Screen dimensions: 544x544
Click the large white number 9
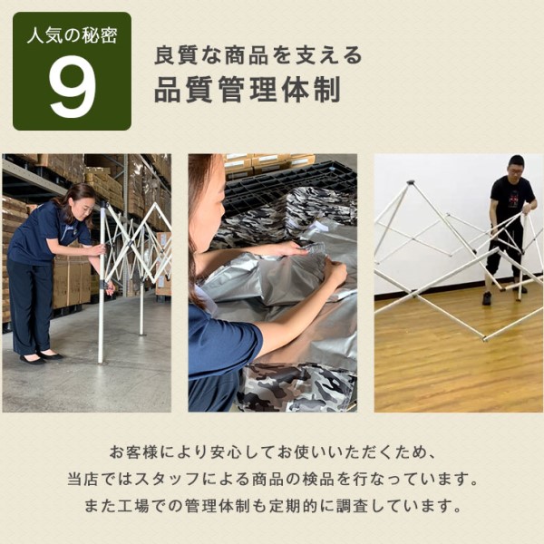(x=72, y=90)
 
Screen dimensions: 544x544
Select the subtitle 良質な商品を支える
(x=258, y=55)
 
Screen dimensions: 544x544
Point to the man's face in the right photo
(x=515, y=168)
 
